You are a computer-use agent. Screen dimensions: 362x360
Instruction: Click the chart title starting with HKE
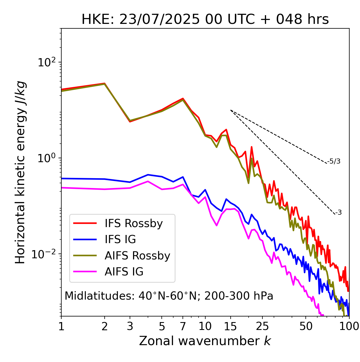(x=205, y=19)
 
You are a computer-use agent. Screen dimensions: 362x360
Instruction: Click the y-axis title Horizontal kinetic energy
(x=20, y=172)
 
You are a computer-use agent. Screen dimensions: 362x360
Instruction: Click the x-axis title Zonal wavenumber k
(x=205, y=341)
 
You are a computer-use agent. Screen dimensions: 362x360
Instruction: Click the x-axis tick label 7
(x=183, y=326)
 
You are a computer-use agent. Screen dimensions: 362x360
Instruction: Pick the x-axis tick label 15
(x=231, y=326)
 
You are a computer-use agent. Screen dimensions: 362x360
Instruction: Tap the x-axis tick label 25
(x=262, y=326)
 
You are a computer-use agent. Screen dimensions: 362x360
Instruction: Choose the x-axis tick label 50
(x=306, y=326)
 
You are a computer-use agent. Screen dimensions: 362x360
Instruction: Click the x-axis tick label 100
(x=349, y=326)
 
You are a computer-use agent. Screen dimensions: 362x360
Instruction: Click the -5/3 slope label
(x=334, y=161)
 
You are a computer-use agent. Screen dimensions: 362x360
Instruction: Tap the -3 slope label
(x=338, y=213)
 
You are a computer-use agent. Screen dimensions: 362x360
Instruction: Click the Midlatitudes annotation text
(x=169, y=296)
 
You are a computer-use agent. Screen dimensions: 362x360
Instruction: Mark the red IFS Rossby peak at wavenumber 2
(x=105, y=83)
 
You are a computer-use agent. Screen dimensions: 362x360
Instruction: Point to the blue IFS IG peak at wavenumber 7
(x=183, y=177)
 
